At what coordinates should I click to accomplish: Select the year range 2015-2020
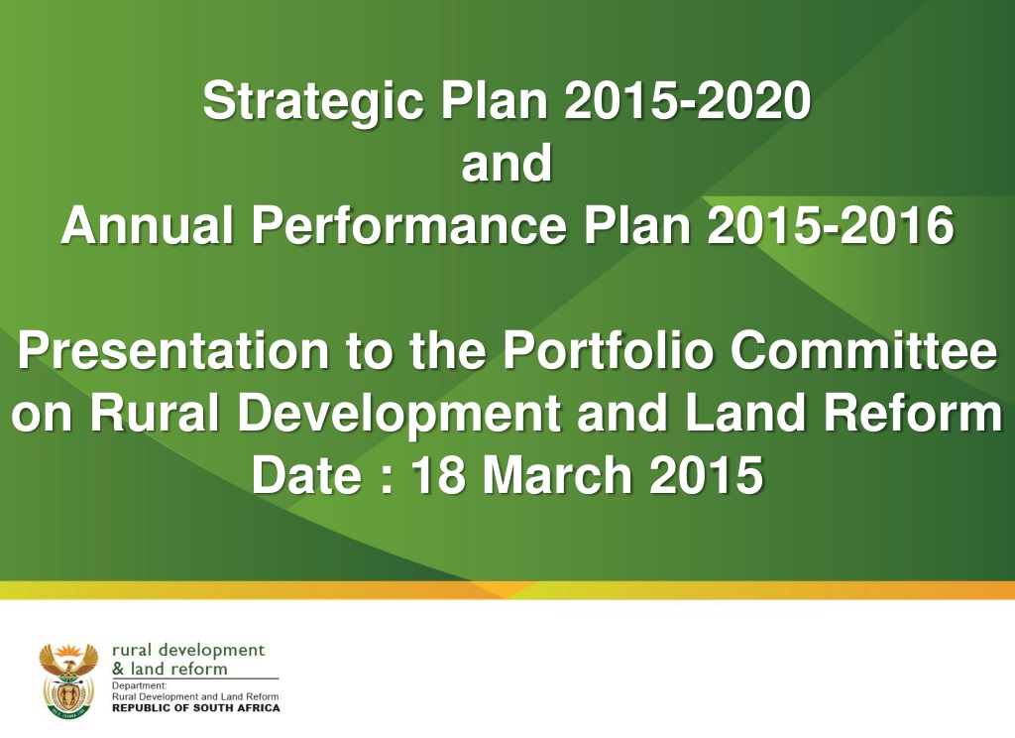pos(688,100)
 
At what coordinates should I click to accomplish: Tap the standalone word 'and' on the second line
pos(507,163)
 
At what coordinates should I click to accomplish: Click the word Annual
pos(147,225)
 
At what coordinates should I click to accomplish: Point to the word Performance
pos(408,225)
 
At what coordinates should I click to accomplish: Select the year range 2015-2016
pos(831,225)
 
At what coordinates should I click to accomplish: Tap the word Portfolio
pos(608,350)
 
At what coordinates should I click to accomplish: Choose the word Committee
pos(864,350)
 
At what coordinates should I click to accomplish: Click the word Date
pos(306,475)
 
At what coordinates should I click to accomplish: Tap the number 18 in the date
pos(439,475)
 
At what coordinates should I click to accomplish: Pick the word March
pos(557,475)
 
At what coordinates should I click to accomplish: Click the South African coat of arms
pos(68,680)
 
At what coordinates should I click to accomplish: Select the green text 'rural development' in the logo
pos(188,651)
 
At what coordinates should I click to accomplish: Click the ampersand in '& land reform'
pos(118,669)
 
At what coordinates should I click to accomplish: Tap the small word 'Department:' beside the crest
pos(139,685)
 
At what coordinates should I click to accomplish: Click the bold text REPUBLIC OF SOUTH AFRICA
pos(196,707)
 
